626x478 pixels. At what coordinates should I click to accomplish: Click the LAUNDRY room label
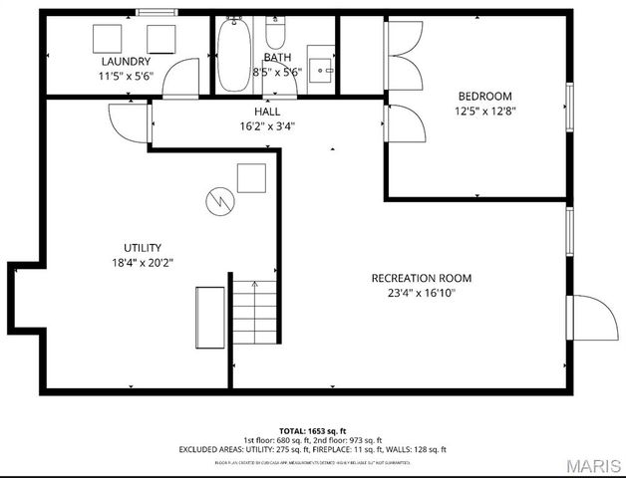pyautogui.click(x=125, y=62)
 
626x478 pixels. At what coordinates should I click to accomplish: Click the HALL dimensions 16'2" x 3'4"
pyautogui.click(x=267, y=126)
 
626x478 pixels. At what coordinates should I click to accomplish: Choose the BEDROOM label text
pyautogui.click(x=483, y=97)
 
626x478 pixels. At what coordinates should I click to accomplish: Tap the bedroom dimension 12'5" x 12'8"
pyautogui.click(x=483, y=112)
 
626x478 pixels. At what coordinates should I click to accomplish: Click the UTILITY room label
pyautogui.click(x=143, y=248)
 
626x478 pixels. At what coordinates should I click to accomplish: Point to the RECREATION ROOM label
pyautogui.click(x=421, y=278)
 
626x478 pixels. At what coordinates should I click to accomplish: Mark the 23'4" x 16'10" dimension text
pyautogui.click(x=421, y=293)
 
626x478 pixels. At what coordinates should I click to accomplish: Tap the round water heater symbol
pyautogui.click(x=218, y=200)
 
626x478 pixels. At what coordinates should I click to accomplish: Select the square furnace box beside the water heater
pyautogui.click(x=250, y=178)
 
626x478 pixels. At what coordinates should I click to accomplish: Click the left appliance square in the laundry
pyautogui.click(x=107, y=39)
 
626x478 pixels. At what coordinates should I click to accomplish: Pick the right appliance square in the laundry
pyautogui.click(x=161, y=39)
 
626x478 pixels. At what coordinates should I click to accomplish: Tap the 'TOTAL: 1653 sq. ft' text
pyautogui.click(x=313, y=430)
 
